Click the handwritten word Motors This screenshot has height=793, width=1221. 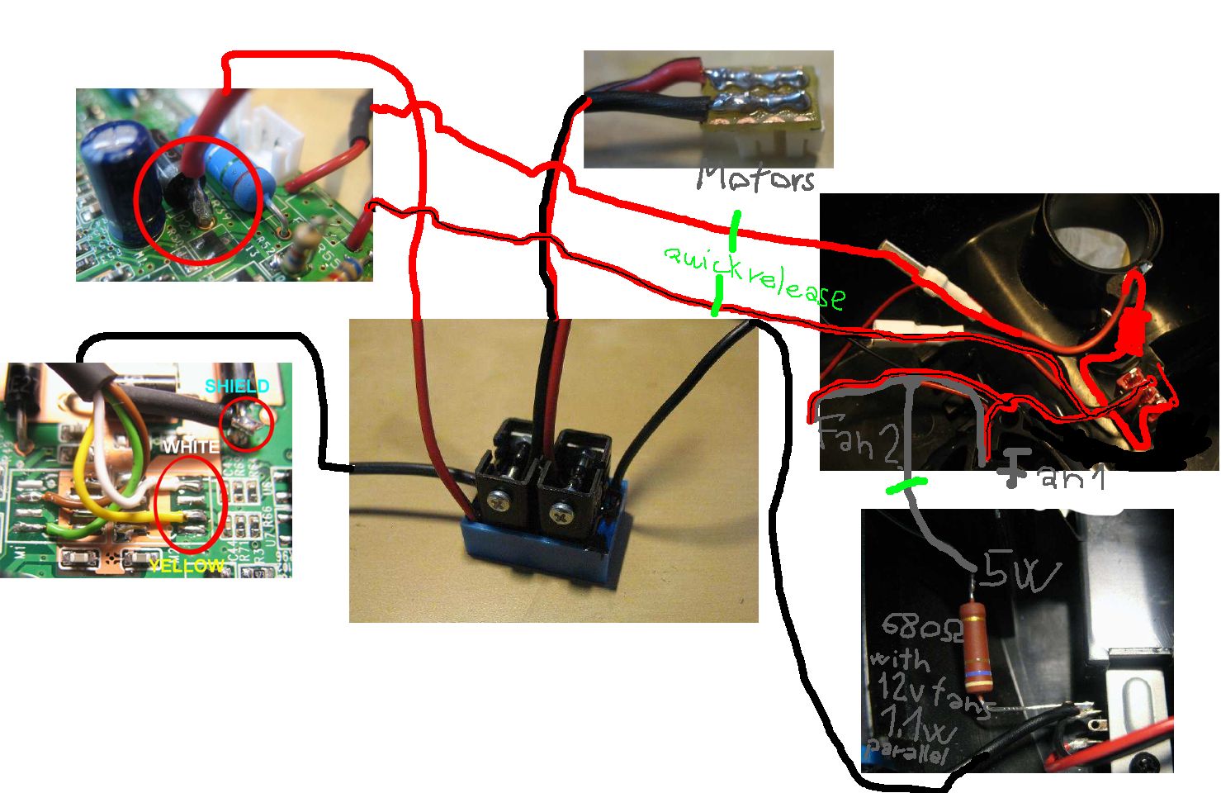[x=756, y=177]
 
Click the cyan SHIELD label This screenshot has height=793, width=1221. [x=237, y=387]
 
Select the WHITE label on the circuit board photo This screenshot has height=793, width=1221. [x=191, y=447]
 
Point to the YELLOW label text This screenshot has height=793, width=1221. [x=187, y=566]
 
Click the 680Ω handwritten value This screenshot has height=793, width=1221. [x=913, y=629]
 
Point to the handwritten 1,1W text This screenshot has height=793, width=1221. [x=918, y=723]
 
